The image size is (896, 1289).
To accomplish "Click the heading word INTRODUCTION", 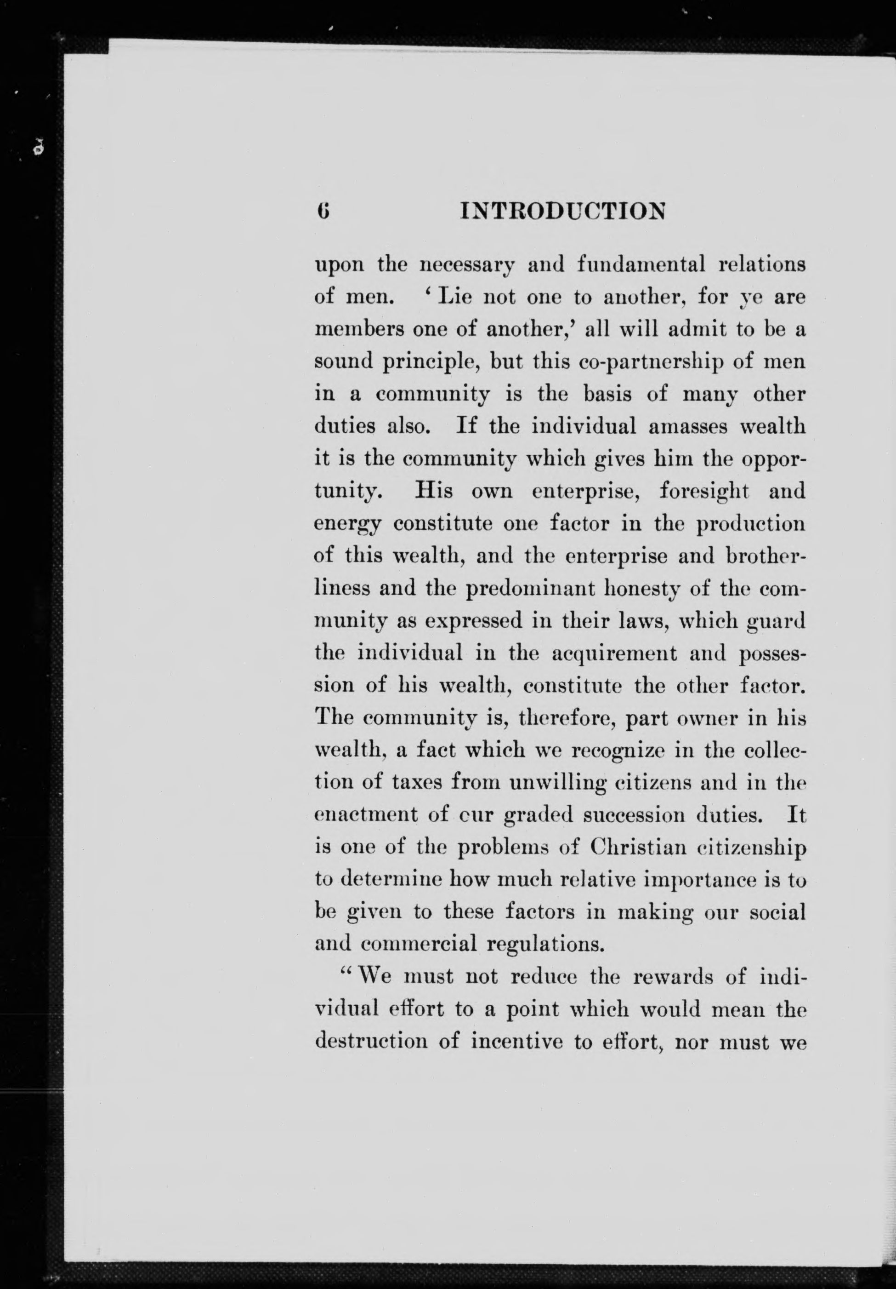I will tap(562, 211).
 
